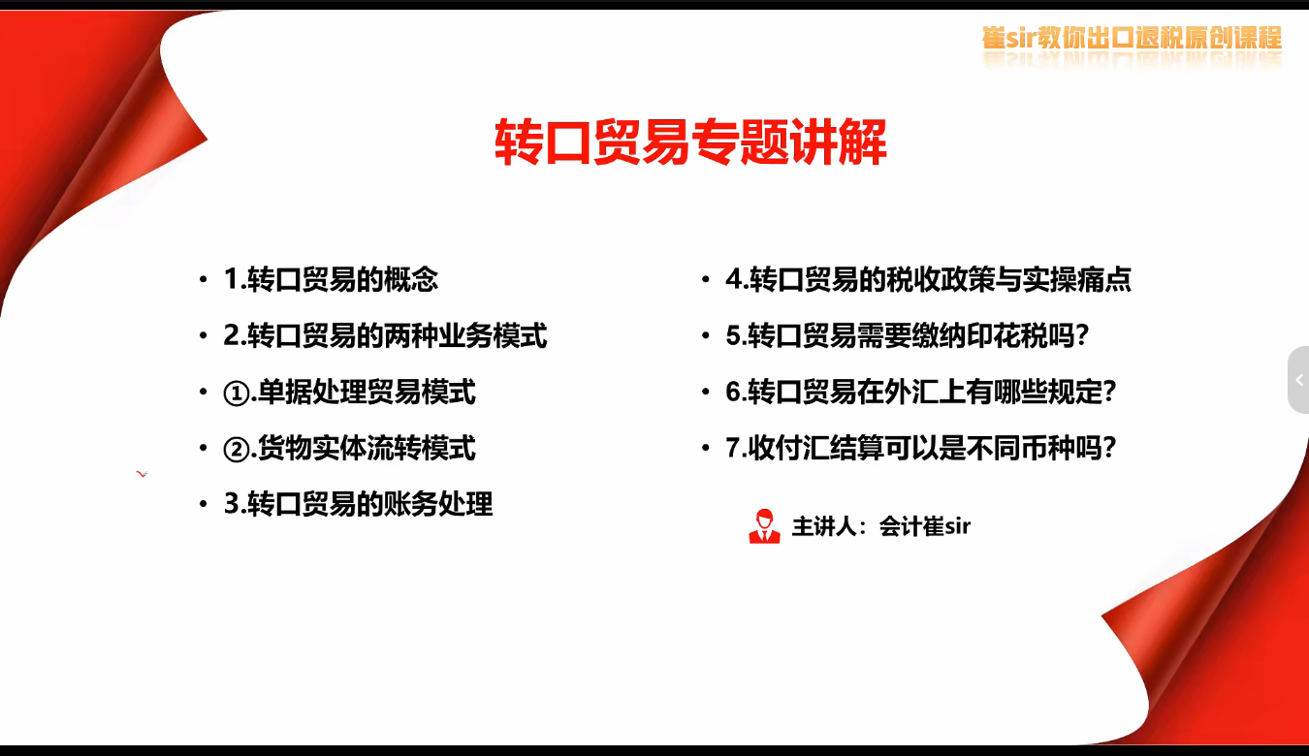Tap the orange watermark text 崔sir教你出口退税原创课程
pyautogui.click(x=1131, y=39)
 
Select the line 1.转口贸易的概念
pyautogui.click(x=331, y=280)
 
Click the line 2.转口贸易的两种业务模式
pyautogui.click(x=385, y=336)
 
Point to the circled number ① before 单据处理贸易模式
pyautogui.click(x=237, y=394)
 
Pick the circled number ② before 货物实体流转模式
pyautogui.click(x=237, y=450)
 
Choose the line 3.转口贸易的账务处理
pyautogui.click(x=358, y=505)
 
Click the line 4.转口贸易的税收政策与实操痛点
pyautogui.click(x=928, y=280)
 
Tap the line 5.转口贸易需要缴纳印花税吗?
pyautogui.click(x=908, y=336)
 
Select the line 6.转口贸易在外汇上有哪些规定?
pyautogui.click(x=921, y=393)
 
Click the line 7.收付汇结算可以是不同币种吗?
pyautogui.click(x=921, y=449)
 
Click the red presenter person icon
pyautogui.click(x=764, y=526)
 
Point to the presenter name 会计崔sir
pyautogui.click(x=924, y=526)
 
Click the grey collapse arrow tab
pyautogui.click(x=1298, y=380)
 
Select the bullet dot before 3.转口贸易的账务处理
pyautogui.click(x=203, y=505)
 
